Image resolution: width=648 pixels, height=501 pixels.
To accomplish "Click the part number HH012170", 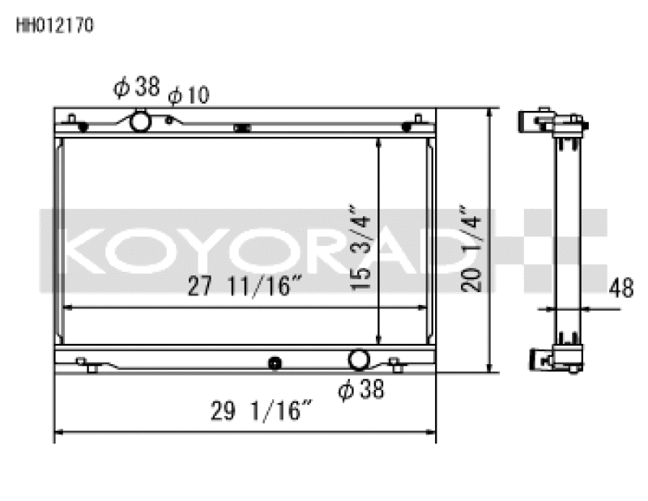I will click(55, 25).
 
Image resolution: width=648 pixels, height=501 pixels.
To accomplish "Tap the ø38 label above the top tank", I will click(137, 87).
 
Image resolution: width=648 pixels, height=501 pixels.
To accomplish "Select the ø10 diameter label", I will click(188, 96).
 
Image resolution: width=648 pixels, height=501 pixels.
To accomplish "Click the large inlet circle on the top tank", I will click(140, 122).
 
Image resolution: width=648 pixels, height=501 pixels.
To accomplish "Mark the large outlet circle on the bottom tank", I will click(359, 359).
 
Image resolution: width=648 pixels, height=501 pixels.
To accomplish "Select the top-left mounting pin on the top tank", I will click(73, 121).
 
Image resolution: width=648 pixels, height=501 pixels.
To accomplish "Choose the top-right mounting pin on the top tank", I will click(416, 121).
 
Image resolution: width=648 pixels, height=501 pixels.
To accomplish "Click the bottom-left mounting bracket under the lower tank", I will click(91, 367).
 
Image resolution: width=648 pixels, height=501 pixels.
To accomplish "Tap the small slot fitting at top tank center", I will click(241, 127).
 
